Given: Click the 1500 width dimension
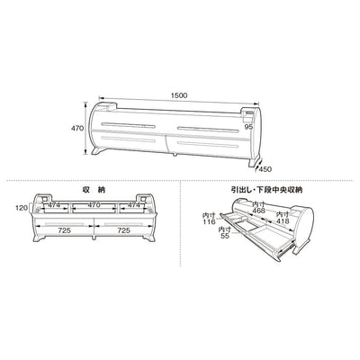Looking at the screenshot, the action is click(179, 95).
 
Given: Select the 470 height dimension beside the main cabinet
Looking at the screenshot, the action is click(76, 128).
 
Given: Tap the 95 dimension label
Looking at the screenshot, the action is click(248, 127).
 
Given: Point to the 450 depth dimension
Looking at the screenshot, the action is click(265, 169).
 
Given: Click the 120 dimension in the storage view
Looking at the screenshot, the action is click(22, 208).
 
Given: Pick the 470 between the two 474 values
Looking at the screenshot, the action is click(94, 205).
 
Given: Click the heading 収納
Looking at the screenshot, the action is click(94, 190).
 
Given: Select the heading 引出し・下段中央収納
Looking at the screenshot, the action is click(266, 190).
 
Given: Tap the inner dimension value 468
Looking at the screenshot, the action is click(258, 211).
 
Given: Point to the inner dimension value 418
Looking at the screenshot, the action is click(283, 221).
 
